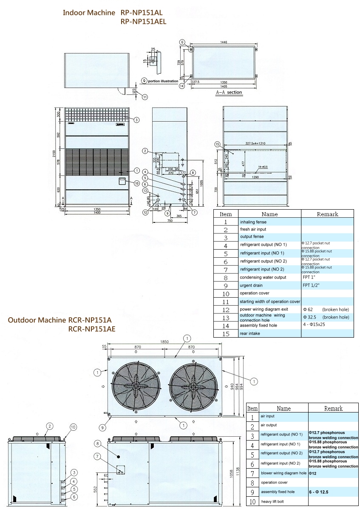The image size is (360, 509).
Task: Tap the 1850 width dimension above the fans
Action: click(164, 341)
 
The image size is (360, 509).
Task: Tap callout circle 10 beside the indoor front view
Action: click(136, 183)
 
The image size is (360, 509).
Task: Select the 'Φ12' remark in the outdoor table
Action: click(312, 473)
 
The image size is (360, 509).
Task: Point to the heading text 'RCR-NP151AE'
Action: click(91, 328)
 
